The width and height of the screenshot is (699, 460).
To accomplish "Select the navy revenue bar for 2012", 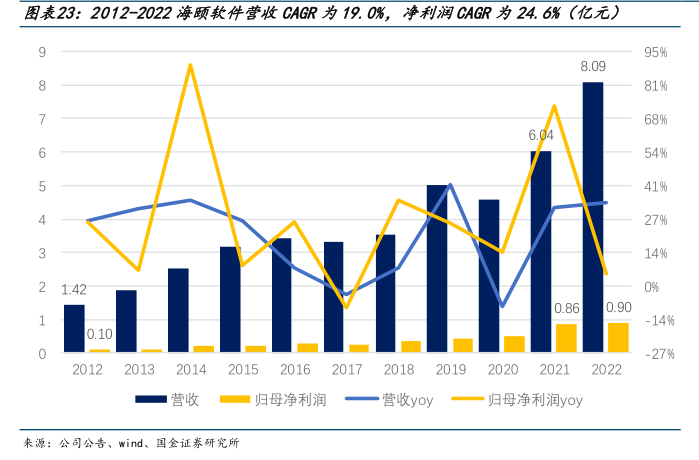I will (74, 328).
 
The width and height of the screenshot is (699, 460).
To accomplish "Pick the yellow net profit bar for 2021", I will (566, 338).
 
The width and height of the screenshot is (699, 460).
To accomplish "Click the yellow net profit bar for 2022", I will (618, 337).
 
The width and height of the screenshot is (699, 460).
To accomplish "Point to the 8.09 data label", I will (593, 67).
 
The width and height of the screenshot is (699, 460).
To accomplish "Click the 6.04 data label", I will (541, 135).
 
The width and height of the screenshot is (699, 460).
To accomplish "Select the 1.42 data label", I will (74, 290).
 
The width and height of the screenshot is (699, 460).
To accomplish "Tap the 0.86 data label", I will (566, 309).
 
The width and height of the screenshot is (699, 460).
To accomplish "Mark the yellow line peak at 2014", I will (190, 65).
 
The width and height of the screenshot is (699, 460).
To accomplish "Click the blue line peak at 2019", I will (450, 184).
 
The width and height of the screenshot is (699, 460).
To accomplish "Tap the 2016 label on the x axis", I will (294, 370).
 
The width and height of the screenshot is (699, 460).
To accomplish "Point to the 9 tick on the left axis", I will (42, 52).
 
